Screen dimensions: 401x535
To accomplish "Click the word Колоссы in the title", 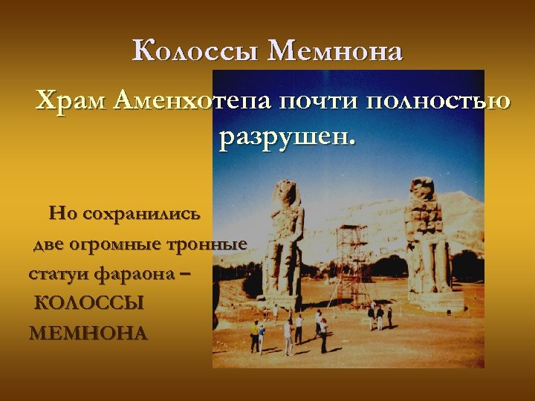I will [195, 52].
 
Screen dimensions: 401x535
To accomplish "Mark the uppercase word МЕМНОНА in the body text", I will [88, 333].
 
